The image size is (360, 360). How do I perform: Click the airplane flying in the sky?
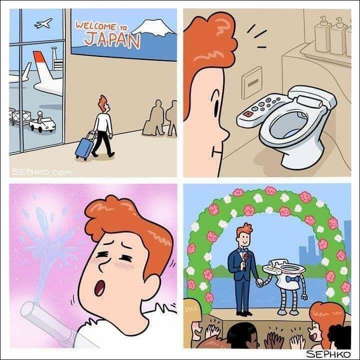coord(43,23)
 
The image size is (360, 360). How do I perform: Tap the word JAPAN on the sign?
coord(112,40)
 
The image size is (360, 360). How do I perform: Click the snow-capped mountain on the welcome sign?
coord(154,27)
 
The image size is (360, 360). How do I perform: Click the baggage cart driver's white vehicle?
coord(43,125)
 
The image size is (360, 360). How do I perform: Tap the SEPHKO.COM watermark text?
coord(41,172)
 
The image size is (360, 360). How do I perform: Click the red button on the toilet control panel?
coord(248,114)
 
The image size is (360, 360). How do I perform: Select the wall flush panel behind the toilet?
coord(252,82)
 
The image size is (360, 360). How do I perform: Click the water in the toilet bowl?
coord(291,133)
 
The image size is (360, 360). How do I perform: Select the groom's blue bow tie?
coord(243,250)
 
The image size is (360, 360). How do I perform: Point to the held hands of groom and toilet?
coord(260,282)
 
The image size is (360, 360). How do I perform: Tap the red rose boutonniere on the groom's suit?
coord(246,257)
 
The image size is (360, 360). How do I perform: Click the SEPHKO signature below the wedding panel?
coord(329,354)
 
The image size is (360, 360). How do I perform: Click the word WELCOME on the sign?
coord(96,26)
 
